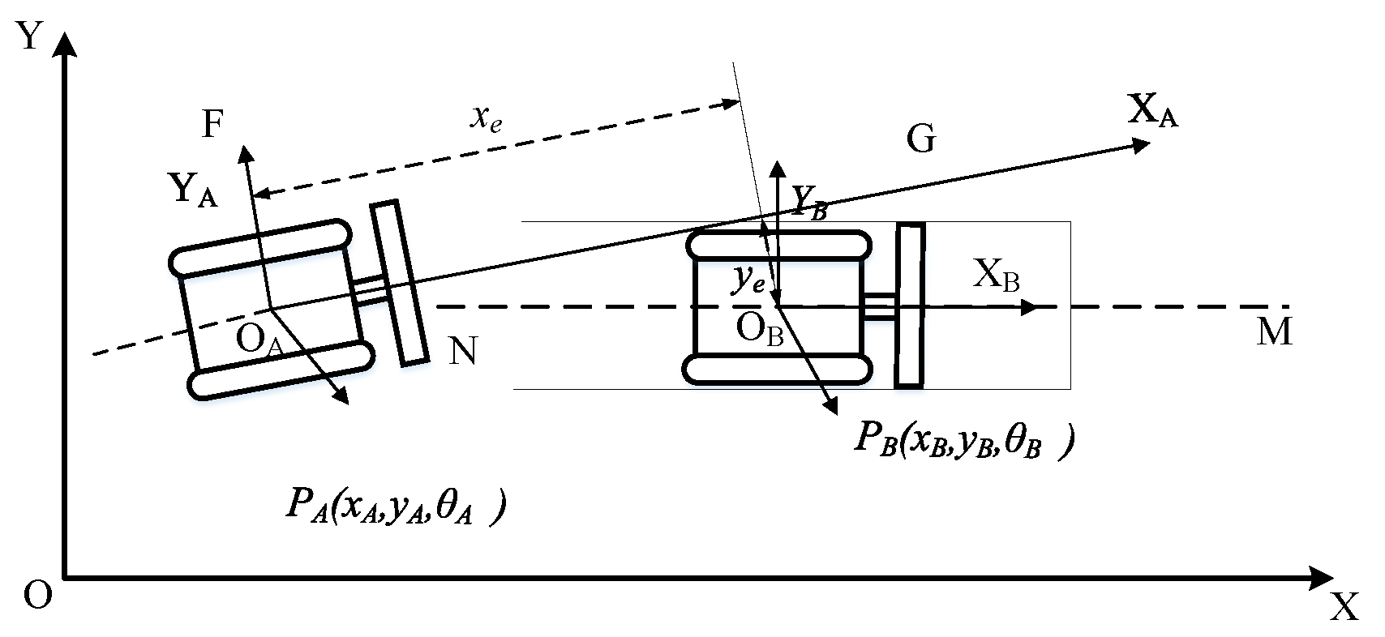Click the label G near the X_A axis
pyautogui.click(x=921, y=140)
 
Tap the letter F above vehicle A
pyautogui.click(x=211, y=126)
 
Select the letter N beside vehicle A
pyautogui.click(x=462, y=353)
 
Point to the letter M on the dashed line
pyautogui.click(x=1274, y=332)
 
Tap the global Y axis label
pyautogui.click(x=30, y=36)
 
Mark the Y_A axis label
pyautogui.click(x=193, y=191)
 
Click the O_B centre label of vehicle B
pyautogui.click(x=759, y=330)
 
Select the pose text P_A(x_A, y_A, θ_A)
pyautogui.click(x=396, y=507)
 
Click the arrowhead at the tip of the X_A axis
pyautogui.click(x=1141, y=144)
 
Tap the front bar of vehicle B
pyautogui.click(x=910, y=306)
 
